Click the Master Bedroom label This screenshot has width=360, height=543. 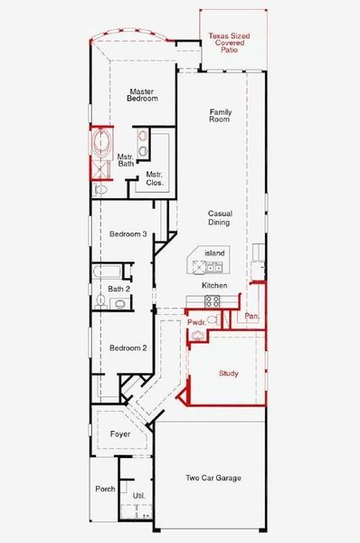click(142, 95)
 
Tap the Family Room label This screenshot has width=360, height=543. click(220, 115)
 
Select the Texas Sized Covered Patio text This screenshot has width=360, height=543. click(229, 43)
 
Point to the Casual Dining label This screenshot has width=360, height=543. click(220, 218)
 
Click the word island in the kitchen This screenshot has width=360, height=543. click(214, 252)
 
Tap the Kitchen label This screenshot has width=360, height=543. click(214, 285)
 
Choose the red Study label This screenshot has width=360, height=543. click(229, 373)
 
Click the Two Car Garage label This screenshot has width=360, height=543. click(213, 478)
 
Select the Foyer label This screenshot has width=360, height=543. click(120, 433)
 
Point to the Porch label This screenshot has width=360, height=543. click(105, 489)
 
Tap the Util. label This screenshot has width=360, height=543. click(138, 496)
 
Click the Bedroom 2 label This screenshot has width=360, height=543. click(128, 348)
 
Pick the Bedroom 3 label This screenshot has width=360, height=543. click(128, 233)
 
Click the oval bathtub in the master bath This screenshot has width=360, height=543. click(102, 143)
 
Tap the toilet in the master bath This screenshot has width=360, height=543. click(100, 189)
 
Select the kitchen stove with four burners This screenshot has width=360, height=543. click(213, 301)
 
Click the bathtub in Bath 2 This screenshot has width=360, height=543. click(106, 271)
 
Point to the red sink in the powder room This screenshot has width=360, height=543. click(198, 335)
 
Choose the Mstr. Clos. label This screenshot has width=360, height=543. click(155, 178)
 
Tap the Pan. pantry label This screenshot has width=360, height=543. click(251, 316)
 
